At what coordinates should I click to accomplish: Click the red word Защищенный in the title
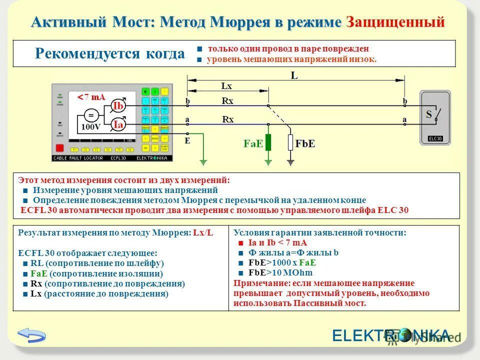395,22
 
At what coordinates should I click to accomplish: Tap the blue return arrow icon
31,334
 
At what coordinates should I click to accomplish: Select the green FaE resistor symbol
268,142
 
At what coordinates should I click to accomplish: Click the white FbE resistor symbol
290,142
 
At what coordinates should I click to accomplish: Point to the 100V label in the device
90,127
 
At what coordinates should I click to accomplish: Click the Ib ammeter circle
118,106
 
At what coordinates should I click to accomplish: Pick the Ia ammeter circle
118,124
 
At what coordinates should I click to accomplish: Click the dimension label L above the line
294,76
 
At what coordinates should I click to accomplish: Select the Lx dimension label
226,86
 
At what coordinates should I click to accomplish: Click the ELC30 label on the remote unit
435,139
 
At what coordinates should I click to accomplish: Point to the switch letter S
429,114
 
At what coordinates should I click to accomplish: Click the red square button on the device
59,148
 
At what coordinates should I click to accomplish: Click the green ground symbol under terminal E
203,162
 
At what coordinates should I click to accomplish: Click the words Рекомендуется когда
110,54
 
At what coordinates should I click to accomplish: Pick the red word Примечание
256,283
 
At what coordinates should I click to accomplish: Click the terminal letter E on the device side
187,140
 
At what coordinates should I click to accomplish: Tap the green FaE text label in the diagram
253,143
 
